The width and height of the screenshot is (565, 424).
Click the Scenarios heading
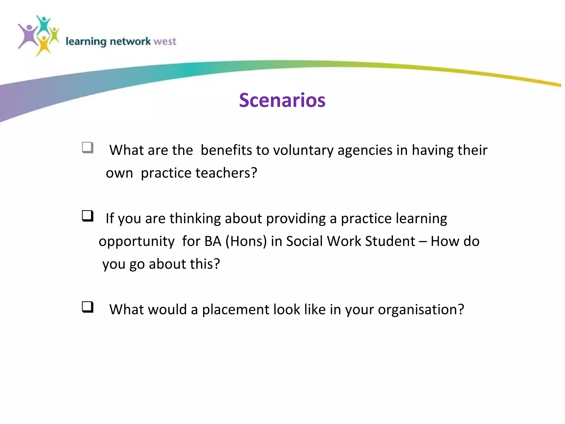282,100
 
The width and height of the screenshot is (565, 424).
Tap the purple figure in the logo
28,36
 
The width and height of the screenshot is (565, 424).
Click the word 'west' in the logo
165,41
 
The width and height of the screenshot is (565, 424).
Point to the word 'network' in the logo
130,41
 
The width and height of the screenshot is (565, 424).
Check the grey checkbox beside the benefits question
88,147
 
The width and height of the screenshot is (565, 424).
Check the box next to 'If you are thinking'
88,216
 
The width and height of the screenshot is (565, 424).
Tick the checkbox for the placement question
88,307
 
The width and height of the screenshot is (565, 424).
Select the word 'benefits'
226,150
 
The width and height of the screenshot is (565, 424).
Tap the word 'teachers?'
226,173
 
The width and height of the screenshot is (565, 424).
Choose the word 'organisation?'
421,309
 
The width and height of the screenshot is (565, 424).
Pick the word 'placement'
235,309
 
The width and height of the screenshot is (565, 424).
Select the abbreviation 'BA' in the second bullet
213,241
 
